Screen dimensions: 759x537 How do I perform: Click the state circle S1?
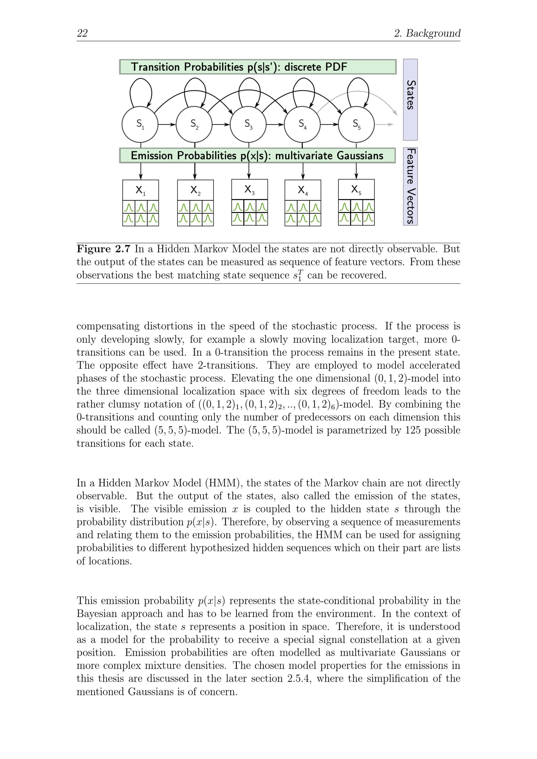[x=140, y=124]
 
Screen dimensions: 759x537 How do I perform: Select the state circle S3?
[x=248, y=124]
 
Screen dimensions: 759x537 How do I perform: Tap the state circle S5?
[x=356, y=124]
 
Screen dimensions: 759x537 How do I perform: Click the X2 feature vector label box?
[x=195, y=190]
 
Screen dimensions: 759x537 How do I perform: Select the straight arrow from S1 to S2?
[x=167, y=125]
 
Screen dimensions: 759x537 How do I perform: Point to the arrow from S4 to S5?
[x=329, y=125]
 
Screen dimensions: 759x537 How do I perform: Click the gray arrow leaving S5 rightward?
[x=384, y=125]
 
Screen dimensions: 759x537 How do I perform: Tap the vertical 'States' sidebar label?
[x=410, y=95]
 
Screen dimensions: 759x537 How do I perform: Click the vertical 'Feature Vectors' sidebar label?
[x=410, y=186]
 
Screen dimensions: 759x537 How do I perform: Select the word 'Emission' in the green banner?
[x=151, y=156]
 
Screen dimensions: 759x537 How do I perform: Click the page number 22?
[x=82, y=33]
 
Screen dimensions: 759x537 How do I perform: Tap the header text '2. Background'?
[x=427, y=33]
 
